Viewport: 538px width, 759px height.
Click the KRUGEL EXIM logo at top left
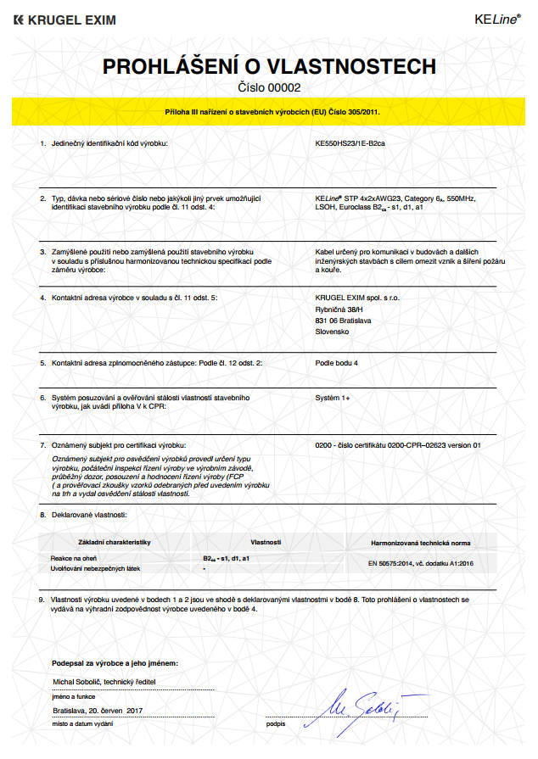coord(64,20)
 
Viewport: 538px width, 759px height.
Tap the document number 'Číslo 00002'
coord(268,87)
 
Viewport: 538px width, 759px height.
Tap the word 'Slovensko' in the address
coord(333,332)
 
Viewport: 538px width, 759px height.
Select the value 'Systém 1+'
coord(333,397)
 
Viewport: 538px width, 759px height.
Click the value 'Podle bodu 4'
coord(337,363)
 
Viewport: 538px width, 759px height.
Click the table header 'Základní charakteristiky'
coord(114,541)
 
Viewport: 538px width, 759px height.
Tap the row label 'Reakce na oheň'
coord(75,559)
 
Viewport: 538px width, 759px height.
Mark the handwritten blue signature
coord(357,706)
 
